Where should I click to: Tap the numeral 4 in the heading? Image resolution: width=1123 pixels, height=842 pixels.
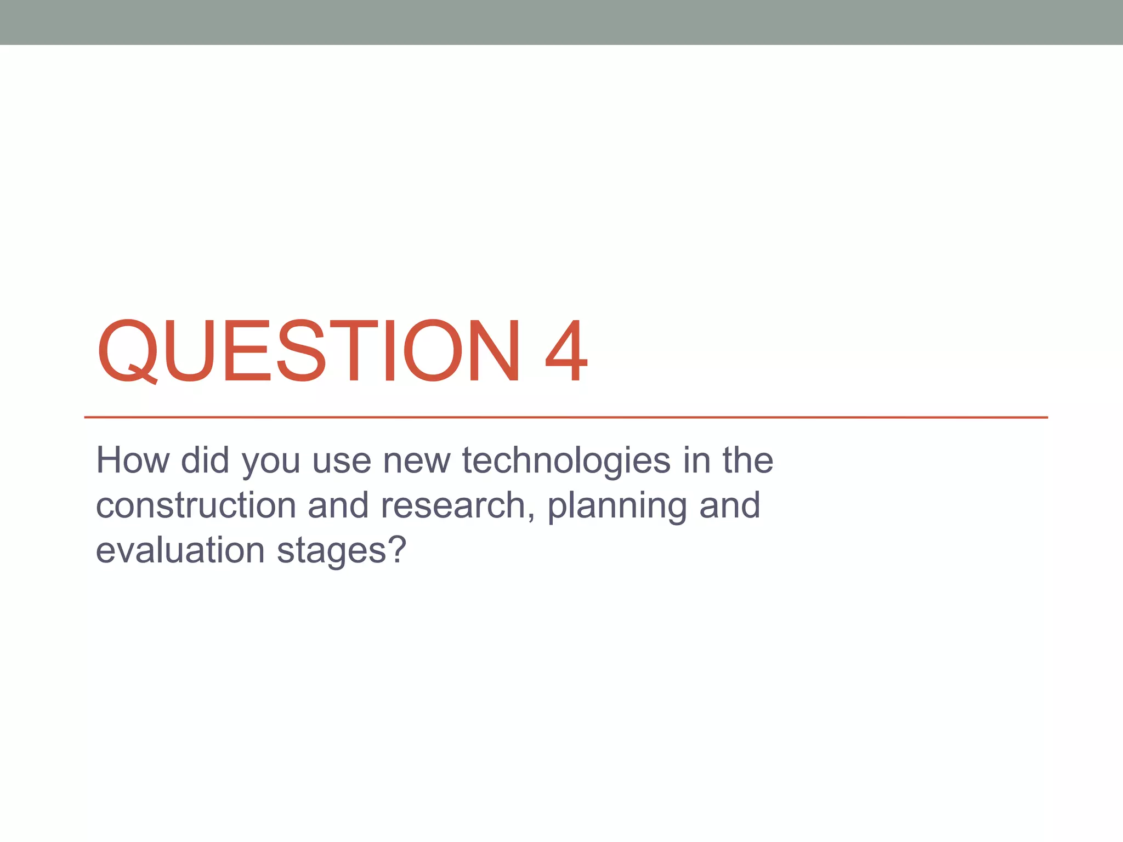click(x=566, y=351)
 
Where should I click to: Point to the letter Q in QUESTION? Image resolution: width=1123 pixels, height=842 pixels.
click(x=127, y=351)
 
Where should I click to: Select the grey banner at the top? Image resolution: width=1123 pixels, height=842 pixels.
click(x=561, y=22)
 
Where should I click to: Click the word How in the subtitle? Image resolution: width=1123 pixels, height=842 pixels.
click(x=133, y=460)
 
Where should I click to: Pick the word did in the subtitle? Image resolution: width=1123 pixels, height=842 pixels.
click(x=205, y=460)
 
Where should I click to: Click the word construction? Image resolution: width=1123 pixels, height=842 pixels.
click(x=196, y=506)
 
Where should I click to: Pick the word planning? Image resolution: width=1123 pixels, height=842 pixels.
click(x=617, y=507)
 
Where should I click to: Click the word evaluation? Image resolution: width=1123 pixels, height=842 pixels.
click(x=180, y=550)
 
